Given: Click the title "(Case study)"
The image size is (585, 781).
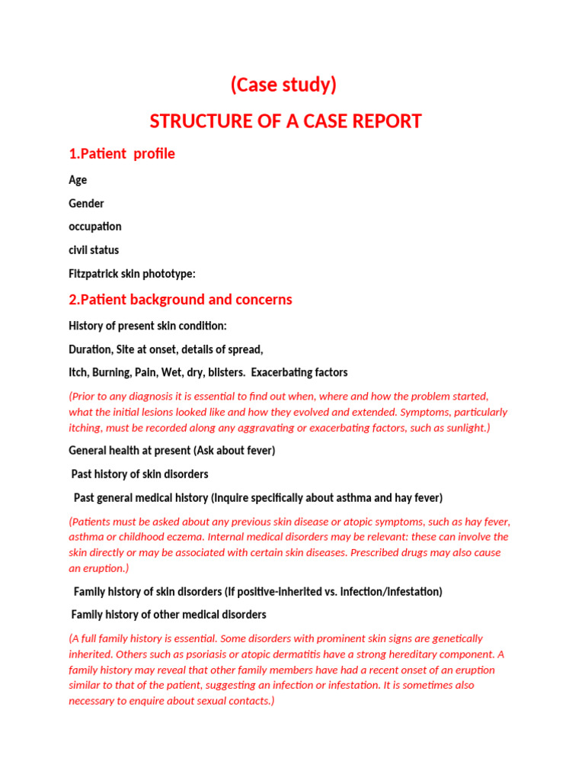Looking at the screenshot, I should [x=283, y=85].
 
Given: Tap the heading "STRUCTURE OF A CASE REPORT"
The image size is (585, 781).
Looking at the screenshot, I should [x=286, y=121].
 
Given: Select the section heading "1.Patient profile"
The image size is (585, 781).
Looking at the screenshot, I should [x=122, y=154].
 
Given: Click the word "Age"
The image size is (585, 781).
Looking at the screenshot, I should [x=78, y=180].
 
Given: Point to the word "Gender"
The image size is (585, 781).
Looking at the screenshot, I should [x=86, y=204].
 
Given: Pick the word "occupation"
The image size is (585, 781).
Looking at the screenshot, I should [x=95, y=227].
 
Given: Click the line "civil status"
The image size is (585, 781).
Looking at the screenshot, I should [x=94, y=250].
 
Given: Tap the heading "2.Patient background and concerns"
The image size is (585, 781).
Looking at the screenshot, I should [x=181, y=300].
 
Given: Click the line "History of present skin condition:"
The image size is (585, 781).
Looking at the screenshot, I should [x=148, y=326].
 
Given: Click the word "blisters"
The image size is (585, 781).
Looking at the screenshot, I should [x=222, y=373].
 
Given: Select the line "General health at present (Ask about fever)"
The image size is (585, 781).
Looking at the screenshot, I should [x=172, y=451].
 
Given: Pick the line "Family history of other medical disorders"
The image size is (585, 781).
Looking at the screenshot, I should [x=168, y=615].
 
